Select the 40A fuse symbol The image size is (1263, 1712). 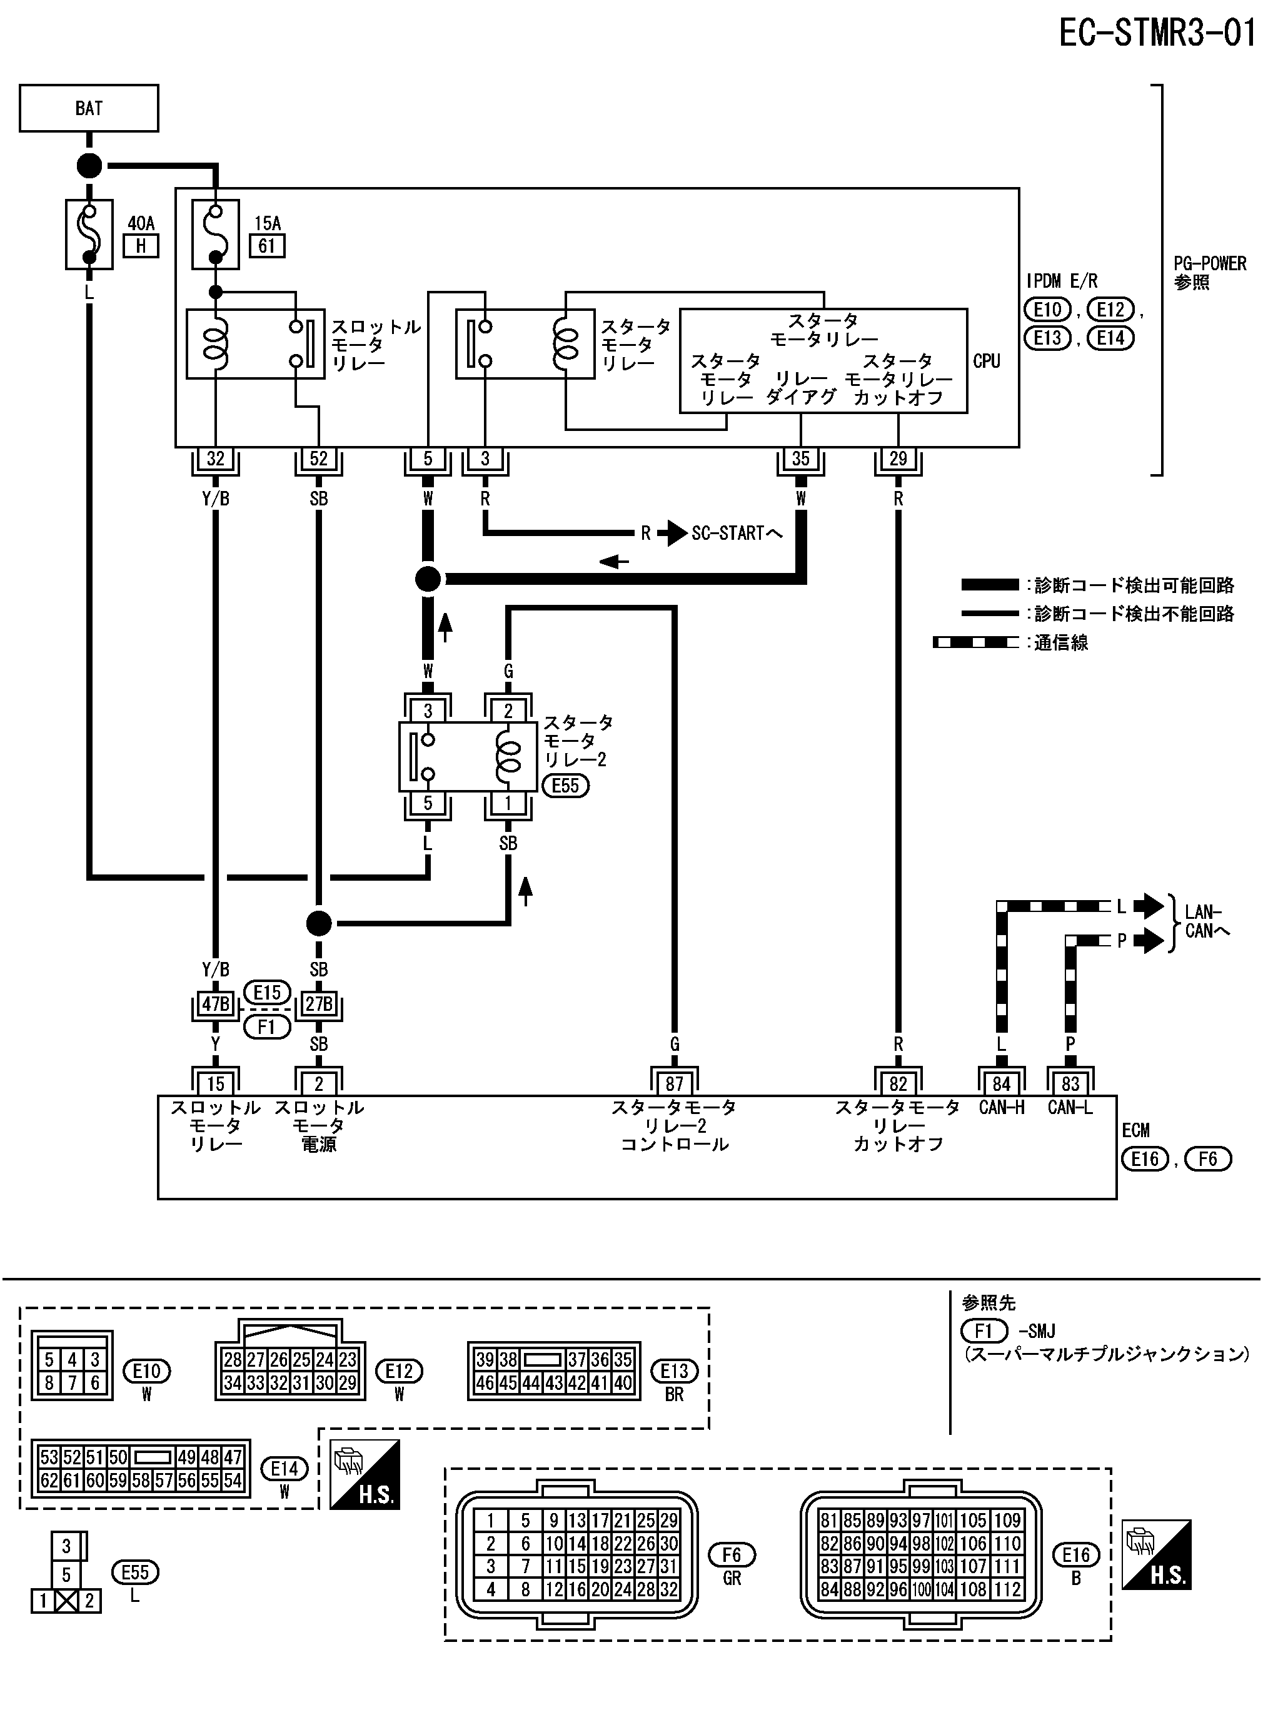tap(89, 235)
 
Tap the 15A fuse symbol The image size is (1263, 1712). tap(215, 235)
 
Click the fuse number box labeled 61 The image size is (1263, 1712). tap(267, 246)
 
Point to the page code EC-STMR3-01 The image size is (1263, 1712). tap(1157, 33)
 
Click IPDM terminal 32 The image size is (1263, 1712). tap(216, 458)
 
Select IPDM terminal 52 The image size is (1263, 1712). tap(319, 458)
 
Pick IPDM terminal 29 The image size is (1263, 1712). tap(898, 458)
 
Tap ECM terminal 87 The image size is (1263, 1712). tap(674, 1083)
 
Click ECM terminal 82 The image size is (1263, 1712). tap(898, 1083)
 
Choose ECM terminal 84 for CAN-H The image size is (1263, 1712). tap(1002, 1083)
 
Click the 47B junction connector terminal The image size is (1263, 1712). tap(216, 1004)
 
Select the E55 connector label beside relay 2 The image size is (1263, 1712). tap(566, 786)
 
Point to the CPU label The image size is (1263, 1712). tap(986, 361)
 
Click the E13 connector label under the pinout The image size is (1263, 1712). tap(674, 1371)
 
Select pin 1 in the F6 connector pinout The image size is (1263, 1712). tap(491, 1521)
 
